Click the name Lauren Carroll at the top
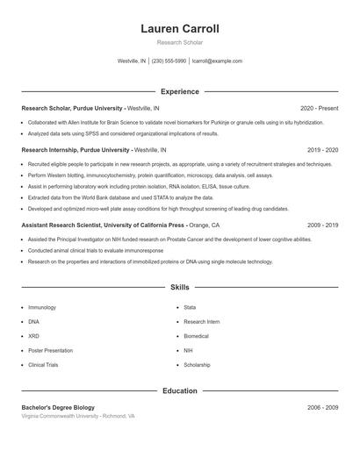(180, 29)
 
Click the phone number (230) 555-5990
(169, 61)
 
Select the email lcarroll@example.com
(217, 61)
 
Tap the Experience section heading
(180, 91)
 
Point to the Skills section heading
(180, 287)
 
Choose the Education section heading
(180, 390)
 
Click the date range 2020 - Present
(319, 108)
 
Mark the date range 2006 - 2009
(322, 408)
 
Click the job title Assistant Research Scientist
(59, 225)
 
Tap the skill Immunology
(42, 308)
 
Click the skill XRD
(34, 336)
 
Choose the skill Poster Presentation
(49, 350)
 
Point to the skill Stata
(190, 308)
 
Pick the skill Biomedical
(196, 336)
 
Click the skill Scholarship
(197, 364)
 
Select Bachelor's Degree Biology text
(59, 408)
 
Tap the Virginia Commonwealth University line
(78, 416)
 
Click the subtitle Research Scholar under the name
(180, 42)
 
